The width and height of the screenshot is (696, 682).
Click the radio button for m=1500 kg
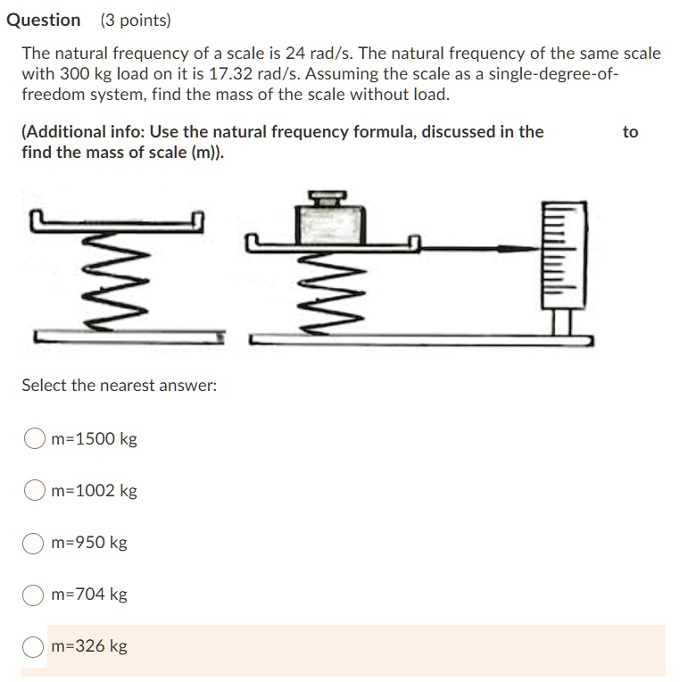click(35, 439)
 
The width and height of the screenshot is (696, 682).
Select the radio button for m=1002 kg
click(35, 491)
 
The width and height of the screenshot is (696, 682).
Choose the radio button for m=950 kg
click(35, 543)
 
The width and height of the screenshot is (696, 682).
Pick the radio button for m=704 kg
click(35, 595)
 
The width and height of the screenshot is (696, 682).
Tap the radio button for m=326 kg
click(35, 646)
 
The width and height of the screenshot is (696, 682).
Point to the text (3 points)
click(136, 20)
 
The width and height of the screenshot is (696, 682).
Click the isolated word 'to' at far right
click(630, 132)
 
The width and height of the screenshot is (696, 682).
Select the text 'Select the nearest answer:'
click(119, 386)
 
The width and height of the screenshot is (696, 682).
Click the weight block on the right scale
click(332, 223)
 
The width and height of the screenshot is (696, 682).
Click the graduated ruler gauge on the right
click(563, 254)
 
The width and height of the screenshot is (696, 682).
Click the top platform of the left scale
click(117, 221)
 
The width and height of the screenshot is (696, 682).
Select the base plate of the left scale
click(130, 337)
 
